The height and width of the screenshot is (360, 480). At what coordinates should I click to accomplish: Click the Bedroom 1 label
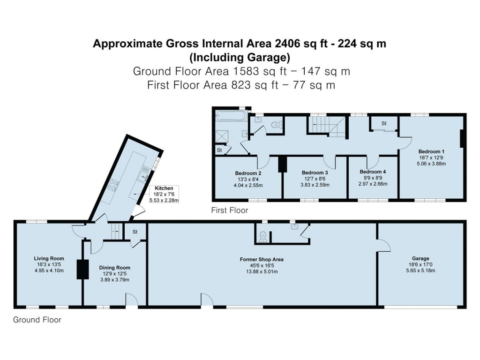tap(431, 151)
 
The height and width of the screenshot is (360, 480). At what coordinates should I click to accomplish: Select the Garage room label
tap(420, 258)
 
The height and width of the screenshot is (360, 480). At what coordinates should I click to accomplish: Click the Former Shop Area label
tap(262, 259)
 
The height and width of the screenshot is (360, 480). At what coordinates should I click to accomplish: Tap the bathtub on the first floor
tap(230, 115)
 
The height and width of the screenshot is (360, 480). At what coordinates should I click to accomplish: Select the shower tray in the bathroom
tap(221, 136)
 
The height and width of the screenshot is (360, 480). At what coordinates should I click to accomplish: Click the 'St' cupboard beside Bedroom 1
tap(384, 124)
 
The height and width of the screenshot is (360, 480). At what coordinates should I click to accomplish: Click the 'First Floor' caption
tap(229, 210)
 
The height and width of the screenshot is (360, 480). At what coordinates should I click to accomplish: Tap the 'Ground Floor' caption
tap(37, 320)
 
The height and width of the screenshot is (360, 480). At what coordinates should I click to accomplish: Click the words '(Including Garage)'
tap(240, 58)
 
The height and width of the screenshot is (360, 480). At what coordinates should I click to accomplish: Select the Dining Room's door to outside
tap(132, 300)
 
